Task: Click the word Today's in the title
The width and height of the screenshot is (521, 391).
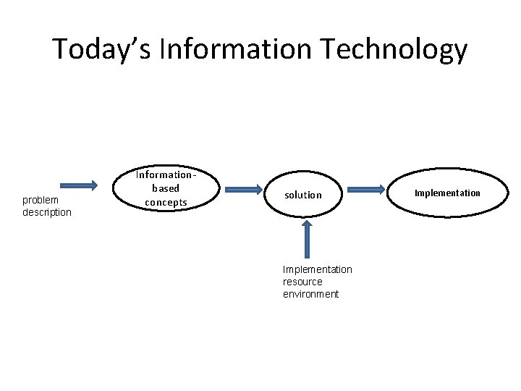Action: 102,50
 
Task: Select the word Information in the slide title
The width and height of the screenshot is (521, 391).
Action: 235,50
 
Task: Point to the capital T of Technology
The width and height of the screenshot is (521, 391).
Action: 330,50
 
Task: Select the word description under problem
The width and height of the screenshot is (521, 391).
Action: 47,212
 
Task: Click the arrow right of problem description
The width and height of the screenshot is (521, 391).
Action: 78,185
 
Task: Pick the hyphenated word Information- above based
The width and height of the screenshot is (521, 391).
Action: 166,175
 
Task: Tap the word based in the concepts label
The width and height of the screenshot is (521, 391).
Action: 166,188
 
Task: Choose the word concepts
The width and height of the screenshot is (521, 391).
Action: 166,202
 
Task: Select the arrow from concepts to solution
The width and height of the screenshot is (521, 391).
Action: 243,189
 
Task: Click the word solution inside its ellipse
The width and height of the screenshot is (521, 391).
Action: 303,195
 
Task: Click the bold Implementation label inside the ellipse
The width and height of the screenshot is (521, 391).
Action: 447,193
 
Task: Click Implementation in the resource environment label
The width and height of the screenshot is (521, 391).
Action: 318,269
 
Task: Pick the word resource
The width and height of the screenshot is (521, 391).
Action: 302,282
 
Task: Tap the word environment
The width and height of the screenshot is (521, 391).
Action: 310,294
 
